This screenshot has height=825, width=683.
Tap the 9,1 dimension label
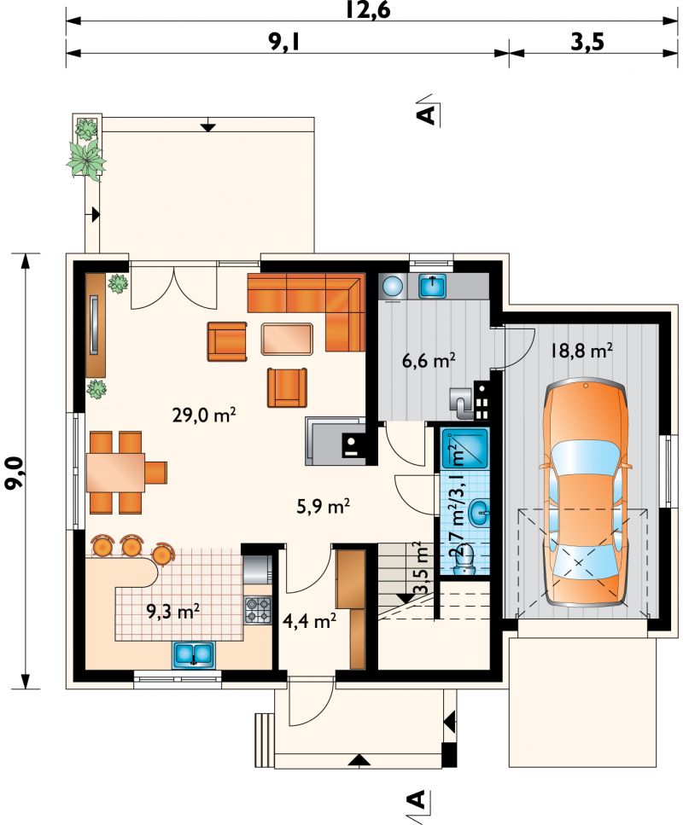point(284,42)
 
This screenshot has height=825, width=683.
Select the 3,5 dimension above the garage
point(587,42)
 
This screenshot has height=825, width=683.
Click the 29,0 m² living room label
point(204,415)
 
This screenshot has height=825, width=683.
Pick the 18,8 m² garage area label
point(581,351)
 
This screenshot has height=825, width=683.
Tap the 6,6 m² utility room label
point(429,361)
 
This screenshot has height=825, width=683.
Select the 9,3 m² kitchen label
point(173,612)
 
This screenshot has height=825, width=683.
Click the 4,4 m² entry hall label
point(310,621)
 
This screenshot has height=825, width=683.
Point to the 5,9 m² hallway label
point(324,506)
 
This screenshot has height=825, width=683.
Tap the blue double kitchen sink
point(194,654)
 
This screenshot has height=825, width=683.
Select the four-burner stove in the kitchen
point(258,609)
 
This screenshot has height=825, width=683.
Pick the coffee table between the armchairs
point(288,339)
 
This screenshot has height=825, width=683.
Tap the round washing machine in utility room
point(393,287)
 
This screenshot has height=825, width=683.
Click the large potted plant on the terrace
point(86,160)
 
